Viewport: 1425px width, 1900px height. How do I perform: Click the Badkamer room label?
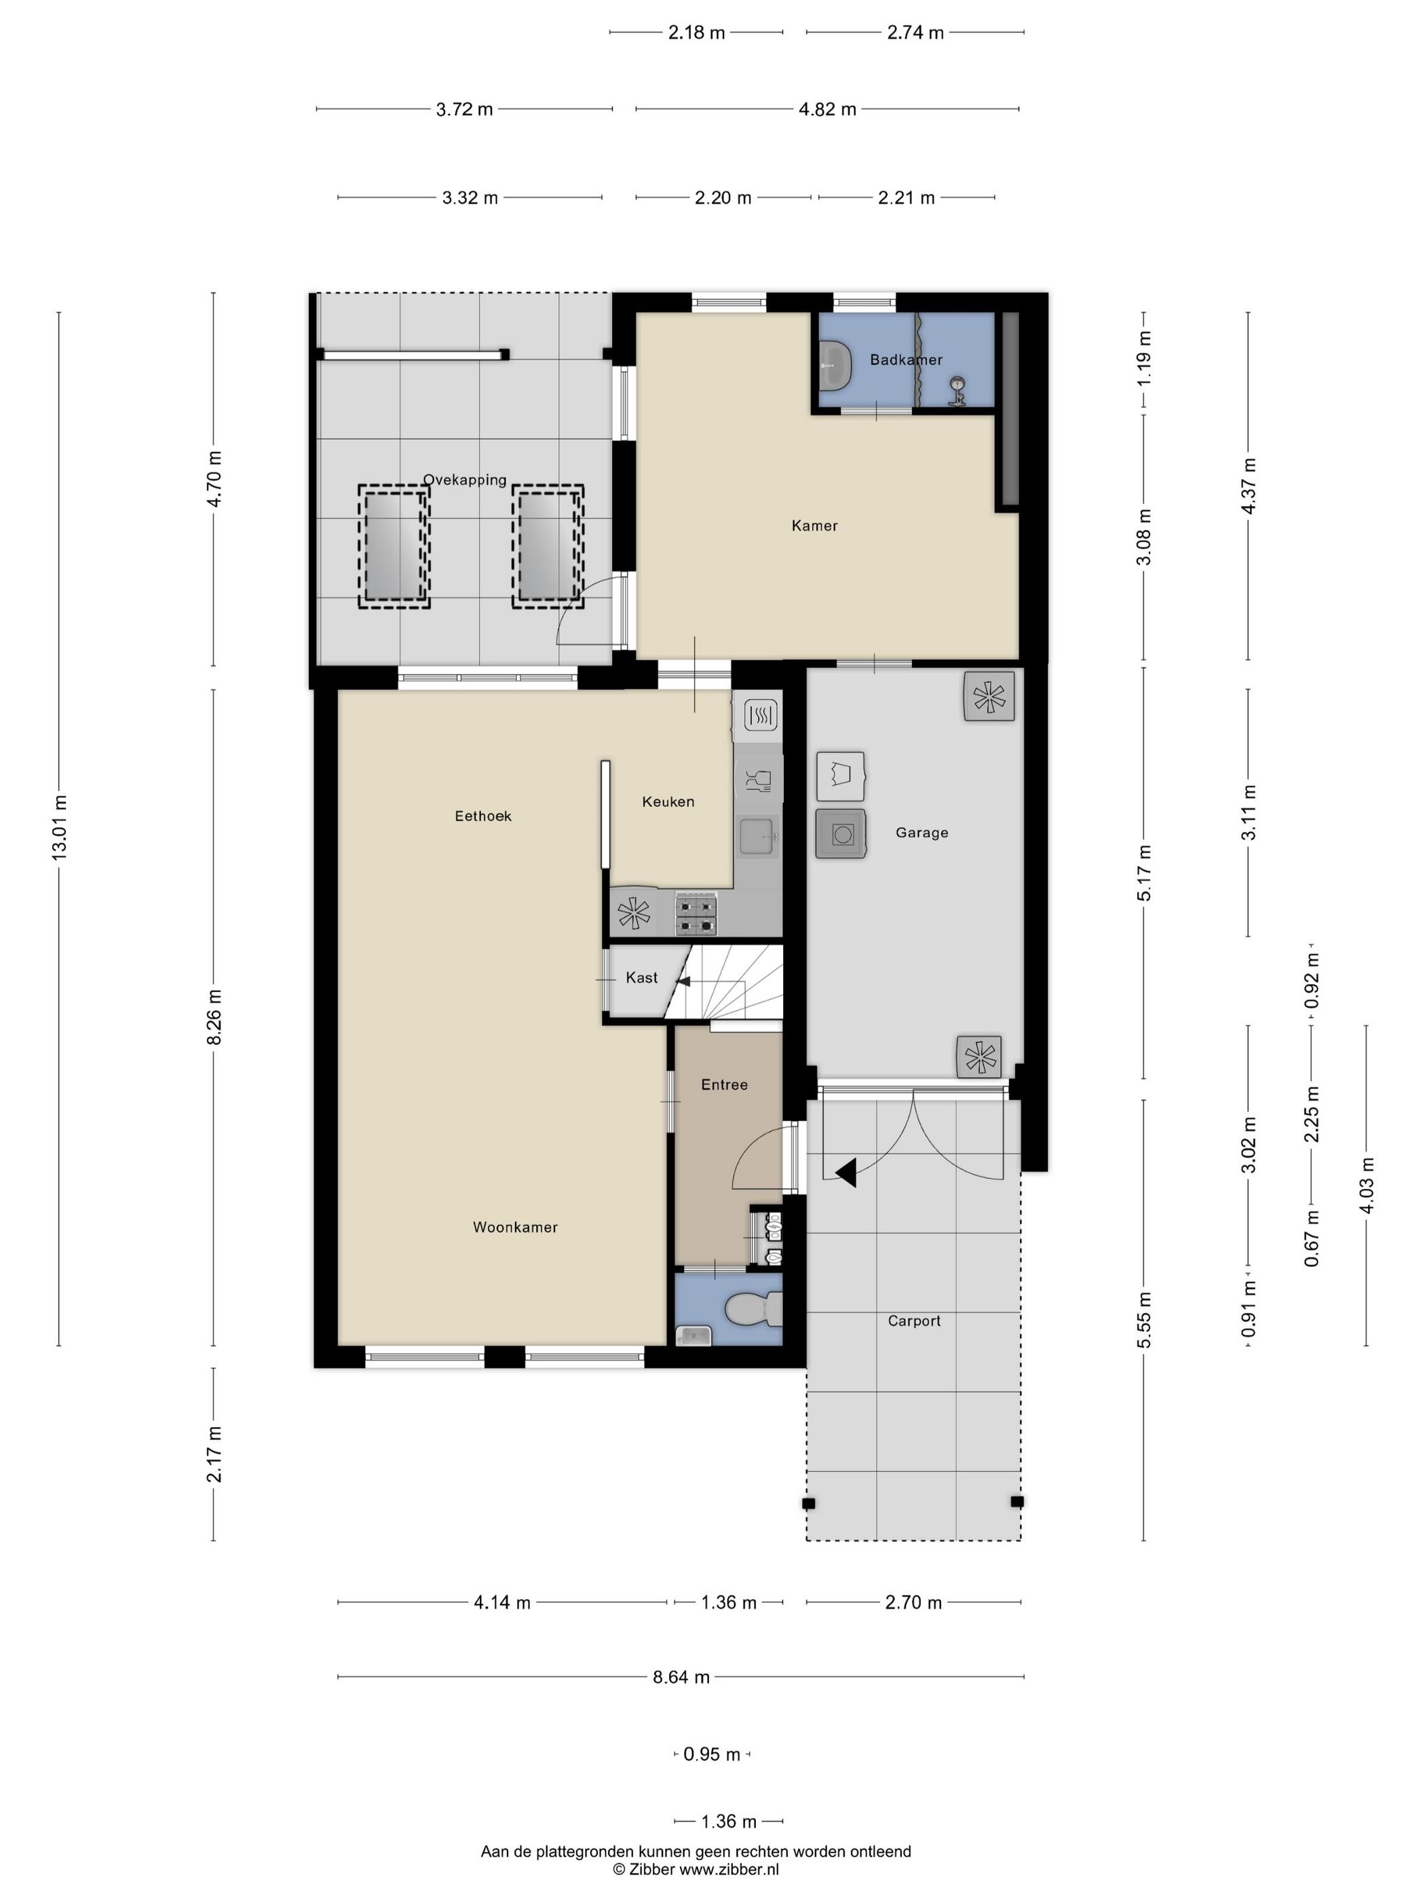click(x=905, y=360)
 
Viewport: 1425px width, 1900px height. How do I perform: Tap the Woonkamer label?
click(x=515, y=1228)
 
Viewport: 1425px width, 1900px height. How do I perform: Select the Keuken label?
click(x=668, y=801)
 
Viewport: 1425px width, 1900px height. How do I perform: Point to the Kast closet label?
click(x=642, y=978)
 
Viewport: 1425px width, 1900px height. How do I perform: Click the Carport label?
click(x=914, y=1321)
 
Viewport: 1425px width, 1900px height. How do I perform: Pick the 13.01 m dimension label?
click(x=59, y=828)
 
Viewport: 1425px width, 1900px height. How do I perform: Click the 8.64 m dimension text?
click(x=681, y=1677)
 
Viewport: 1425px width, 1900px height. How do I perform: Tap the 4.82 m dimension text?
click(x=827, y=109)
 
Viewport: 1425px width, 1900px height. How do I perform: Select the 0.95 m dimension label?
click(x=711, y=1755)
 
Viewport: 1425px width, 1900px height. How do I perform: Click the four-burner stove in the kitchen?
click(x=696, y=914)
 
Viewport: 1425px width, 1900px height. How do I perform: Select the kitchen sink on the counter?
click(x=759, y=837)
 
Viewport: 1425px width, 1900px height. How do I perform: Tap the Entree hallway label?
click(x=724, y=1085)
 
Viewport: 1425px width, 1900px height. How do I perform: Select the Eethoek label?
click(x=482, y=816)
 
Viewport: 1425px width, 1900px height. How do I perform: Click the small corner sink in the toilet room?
click(x=693, y=1335)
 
